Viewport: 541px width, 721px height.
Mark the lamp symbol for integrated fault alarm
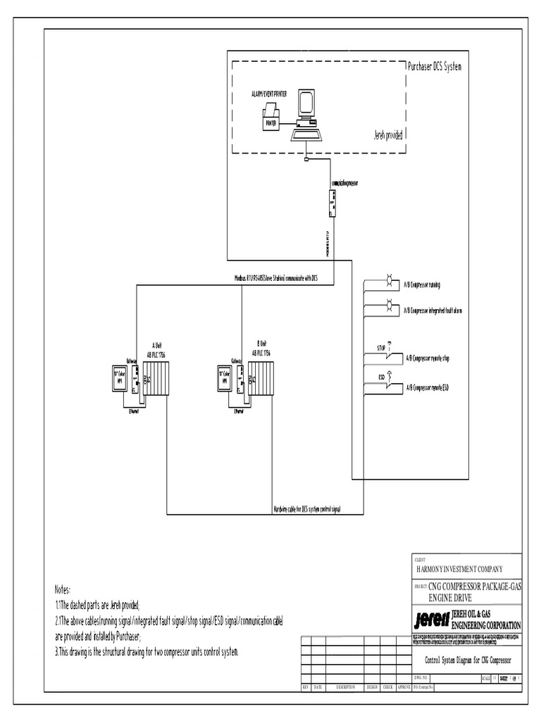point(388,307)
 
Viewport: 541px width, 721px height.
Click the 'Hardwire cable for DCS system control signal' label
point(307,508)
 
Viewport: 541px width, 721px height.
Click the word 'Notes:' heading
point(63,589)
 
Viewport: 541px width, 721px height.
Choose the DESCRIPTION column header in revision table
point(345,686)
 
